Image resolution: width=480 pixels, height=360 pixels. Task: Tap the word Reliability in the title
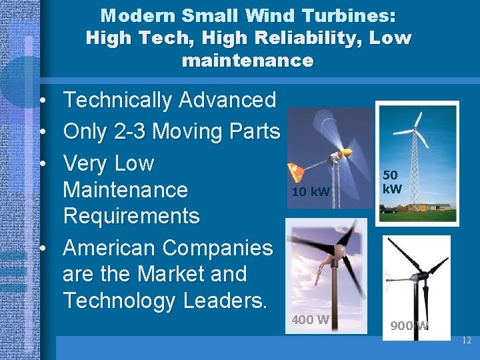[x=288, y=38]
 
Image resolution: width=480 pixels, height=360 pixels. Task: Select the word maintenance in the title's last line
[x=247, y=61]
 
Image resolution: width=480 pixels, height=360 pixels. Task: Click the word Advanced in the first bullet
[x=227, y=101]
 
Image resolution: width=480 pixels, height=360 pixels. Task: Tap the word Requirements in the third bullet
[x=131, y=217]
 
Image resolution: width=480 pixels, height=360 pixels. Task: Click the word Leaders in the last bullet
[x=221, y=301]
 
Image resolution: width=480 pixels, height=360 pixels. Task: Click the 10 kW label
[x=311, y=193]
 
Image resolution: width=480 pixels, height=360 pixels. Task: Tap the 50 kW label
[x=391, y=182]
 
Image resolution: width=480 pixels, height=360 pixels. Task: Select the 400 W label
[x=310, y=319]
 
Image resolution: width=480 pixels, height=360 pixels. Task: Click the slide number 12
[x=465, y=341]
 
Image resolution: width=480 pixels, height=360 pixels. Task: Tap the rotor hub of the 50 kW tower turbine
[x=417, y=127]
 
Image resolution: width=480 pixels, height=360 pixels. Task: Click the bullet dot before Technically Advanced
[x=41, y=101]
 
